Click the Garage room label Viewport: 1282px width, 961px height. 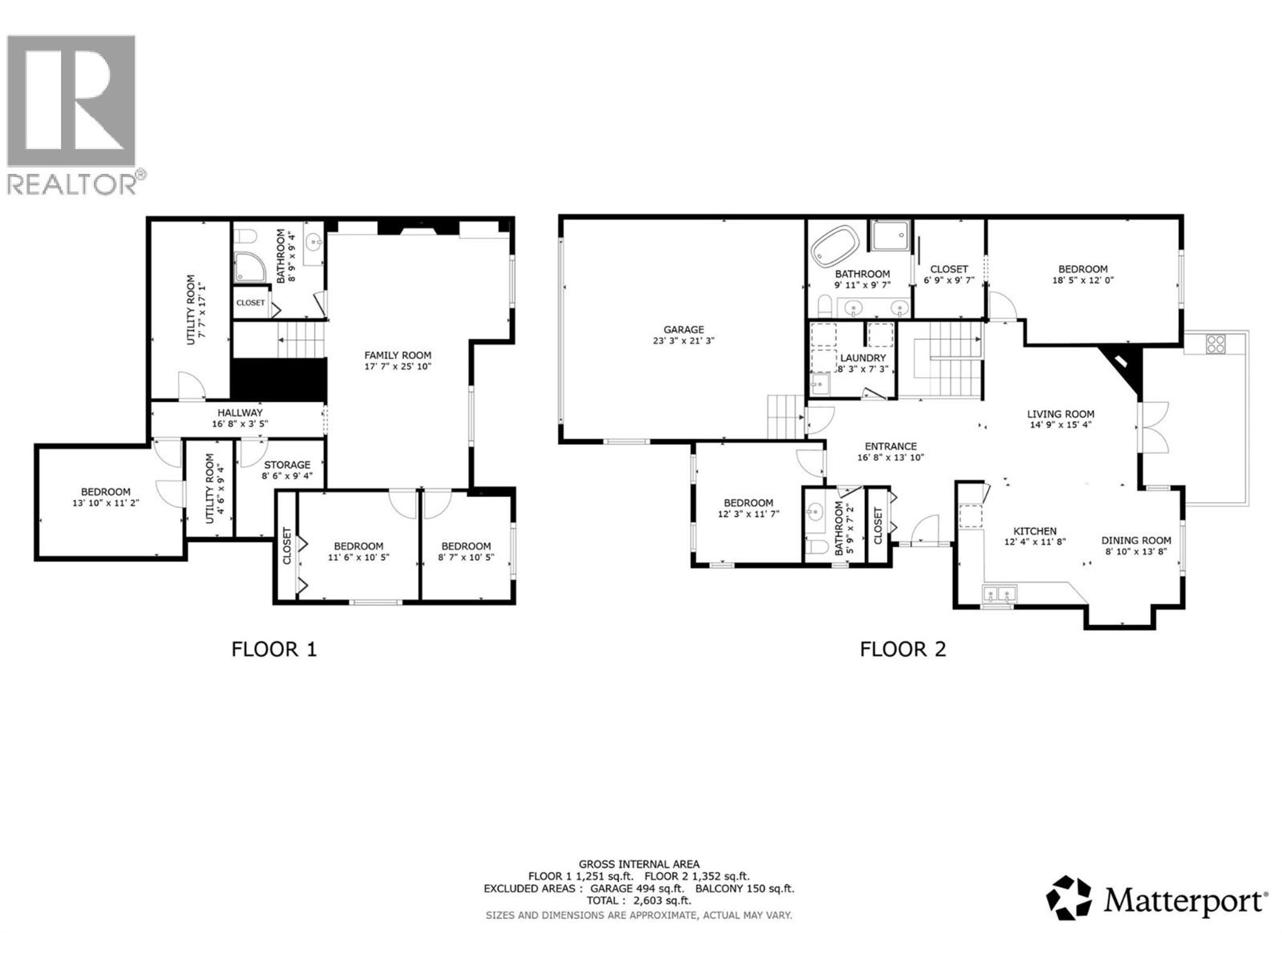[x=683, y=330]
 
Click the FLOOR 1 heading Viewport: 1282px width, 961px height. [x=274, y=649]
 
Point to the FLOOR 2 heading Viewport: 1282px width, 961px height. [x=902, y=649]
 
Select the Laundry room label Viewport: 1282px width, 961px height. [x=863, y=358]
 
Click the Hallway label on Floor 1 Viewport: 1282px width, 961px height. [x=240, y=412]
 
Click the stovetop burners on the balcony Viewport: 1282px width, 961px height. [x=1215, y=344]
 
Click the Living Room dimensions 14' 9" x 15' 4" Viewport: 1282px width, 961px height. [x=1061, y=424]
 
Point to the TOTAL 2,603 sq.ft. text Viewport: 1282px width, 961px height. [x=639, y=901]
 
